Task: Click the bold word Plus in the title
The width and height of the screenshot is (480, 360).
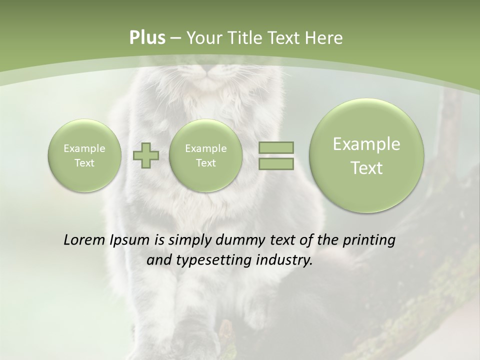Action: point(147,38)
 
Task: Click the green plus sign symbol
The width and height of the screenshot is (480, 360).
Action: point(146,155)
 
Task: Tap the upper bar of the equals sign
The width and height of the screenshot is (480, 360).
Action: point(276,147)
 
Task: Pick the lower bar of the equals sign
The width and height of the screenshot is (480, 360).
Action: point(276,163)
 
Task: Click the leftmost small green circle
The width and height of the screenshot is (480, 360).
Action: point(84,155)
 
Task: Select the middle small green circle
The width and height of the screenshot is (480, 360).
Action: point(205,155)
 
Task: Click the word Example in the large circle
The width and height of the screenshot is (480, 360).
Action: point(366,144)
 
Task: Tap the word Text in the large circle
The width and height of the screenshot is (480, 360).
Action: point(366,168)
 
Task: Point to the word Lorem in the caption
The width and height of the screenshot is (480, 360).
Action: point(84,240)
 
